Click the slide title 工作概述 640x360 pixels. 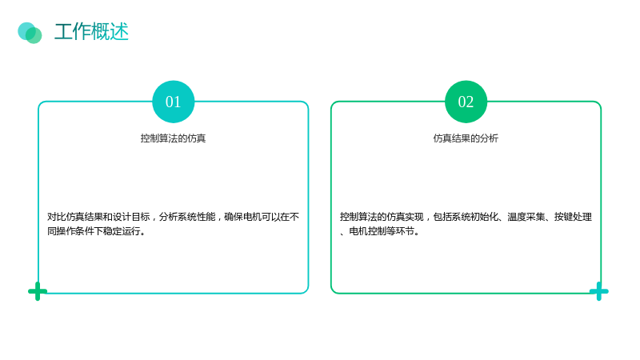pos(91,32)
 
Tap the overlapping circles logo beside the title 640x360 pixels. pos(30,33)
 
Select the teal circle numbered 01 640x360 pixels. pos(173,102)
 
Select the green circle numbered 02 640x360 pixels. pos(466,102)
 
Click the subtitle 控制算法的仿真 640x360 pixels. pos(173,138)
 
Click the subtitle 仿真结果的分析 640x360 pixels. pos(466,138)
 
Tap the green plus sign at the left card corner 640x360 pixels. pos(38,291)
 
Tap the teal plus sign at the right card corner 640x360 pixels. pos(598,291)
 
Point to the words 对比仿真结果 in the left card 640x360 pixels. pos(75,217)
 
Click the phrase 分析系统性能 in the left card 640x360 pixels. pos(187,217)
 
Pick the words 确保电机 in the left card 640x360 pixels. pos(243,217)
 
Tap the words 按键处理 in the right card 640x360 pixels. pos(573,217)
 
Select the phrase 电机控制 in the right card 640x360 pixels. pos(368,231)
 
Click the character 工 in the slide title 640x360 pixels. pos(63,32)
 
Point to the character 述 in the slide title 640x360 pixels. pos(119,32)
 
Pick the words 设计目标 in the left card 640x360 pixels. pos(131,217)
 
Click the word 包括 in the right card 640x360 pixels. pos(442,217)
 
